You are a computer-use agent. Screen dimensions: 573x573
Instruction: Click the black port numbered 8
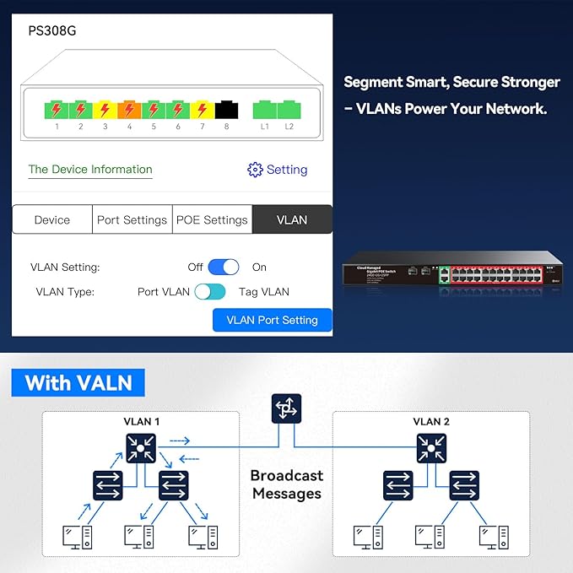226,110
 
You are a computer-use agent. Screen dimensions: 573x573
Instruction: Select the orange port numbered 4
128,110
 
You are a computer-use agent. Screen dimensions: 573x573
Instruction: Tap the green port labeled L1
265,110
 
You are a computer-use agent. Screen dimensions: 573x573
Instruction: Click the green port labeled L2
289,110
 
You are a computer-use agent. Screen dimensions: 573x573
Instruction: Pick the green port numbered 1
56,110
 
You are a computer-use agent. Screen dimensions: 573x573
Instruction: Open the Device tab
52,219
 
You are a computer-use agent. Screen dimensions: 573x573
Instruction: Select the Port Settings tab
132,219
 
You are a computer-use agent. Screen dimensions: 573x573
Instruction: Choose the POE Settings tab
212,219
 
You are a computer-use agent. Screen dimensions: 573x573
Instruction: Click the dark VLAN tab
292,219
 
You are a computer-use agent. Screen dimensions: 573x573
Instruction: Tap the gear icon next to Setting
255,170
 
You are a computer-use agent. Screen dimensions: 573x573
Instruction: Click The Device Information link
90,170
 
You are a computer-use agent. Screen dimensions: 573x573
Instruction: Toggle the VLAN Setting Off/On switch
224,267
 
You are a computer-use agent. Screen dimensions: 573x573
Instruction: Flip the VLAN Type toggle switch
210,292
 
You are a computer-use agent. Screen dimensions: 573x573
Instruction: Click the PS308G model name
52,31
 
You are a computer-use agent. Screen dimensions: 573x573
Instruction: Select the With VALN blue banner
78,382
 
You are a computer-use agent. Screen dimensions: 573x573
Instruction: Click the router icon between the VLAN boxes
286,408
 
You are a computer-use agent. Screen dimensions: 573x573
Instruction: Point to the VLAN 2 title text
431,421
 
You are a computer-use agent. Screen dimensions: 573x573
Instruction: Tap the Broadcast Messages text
286,484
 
